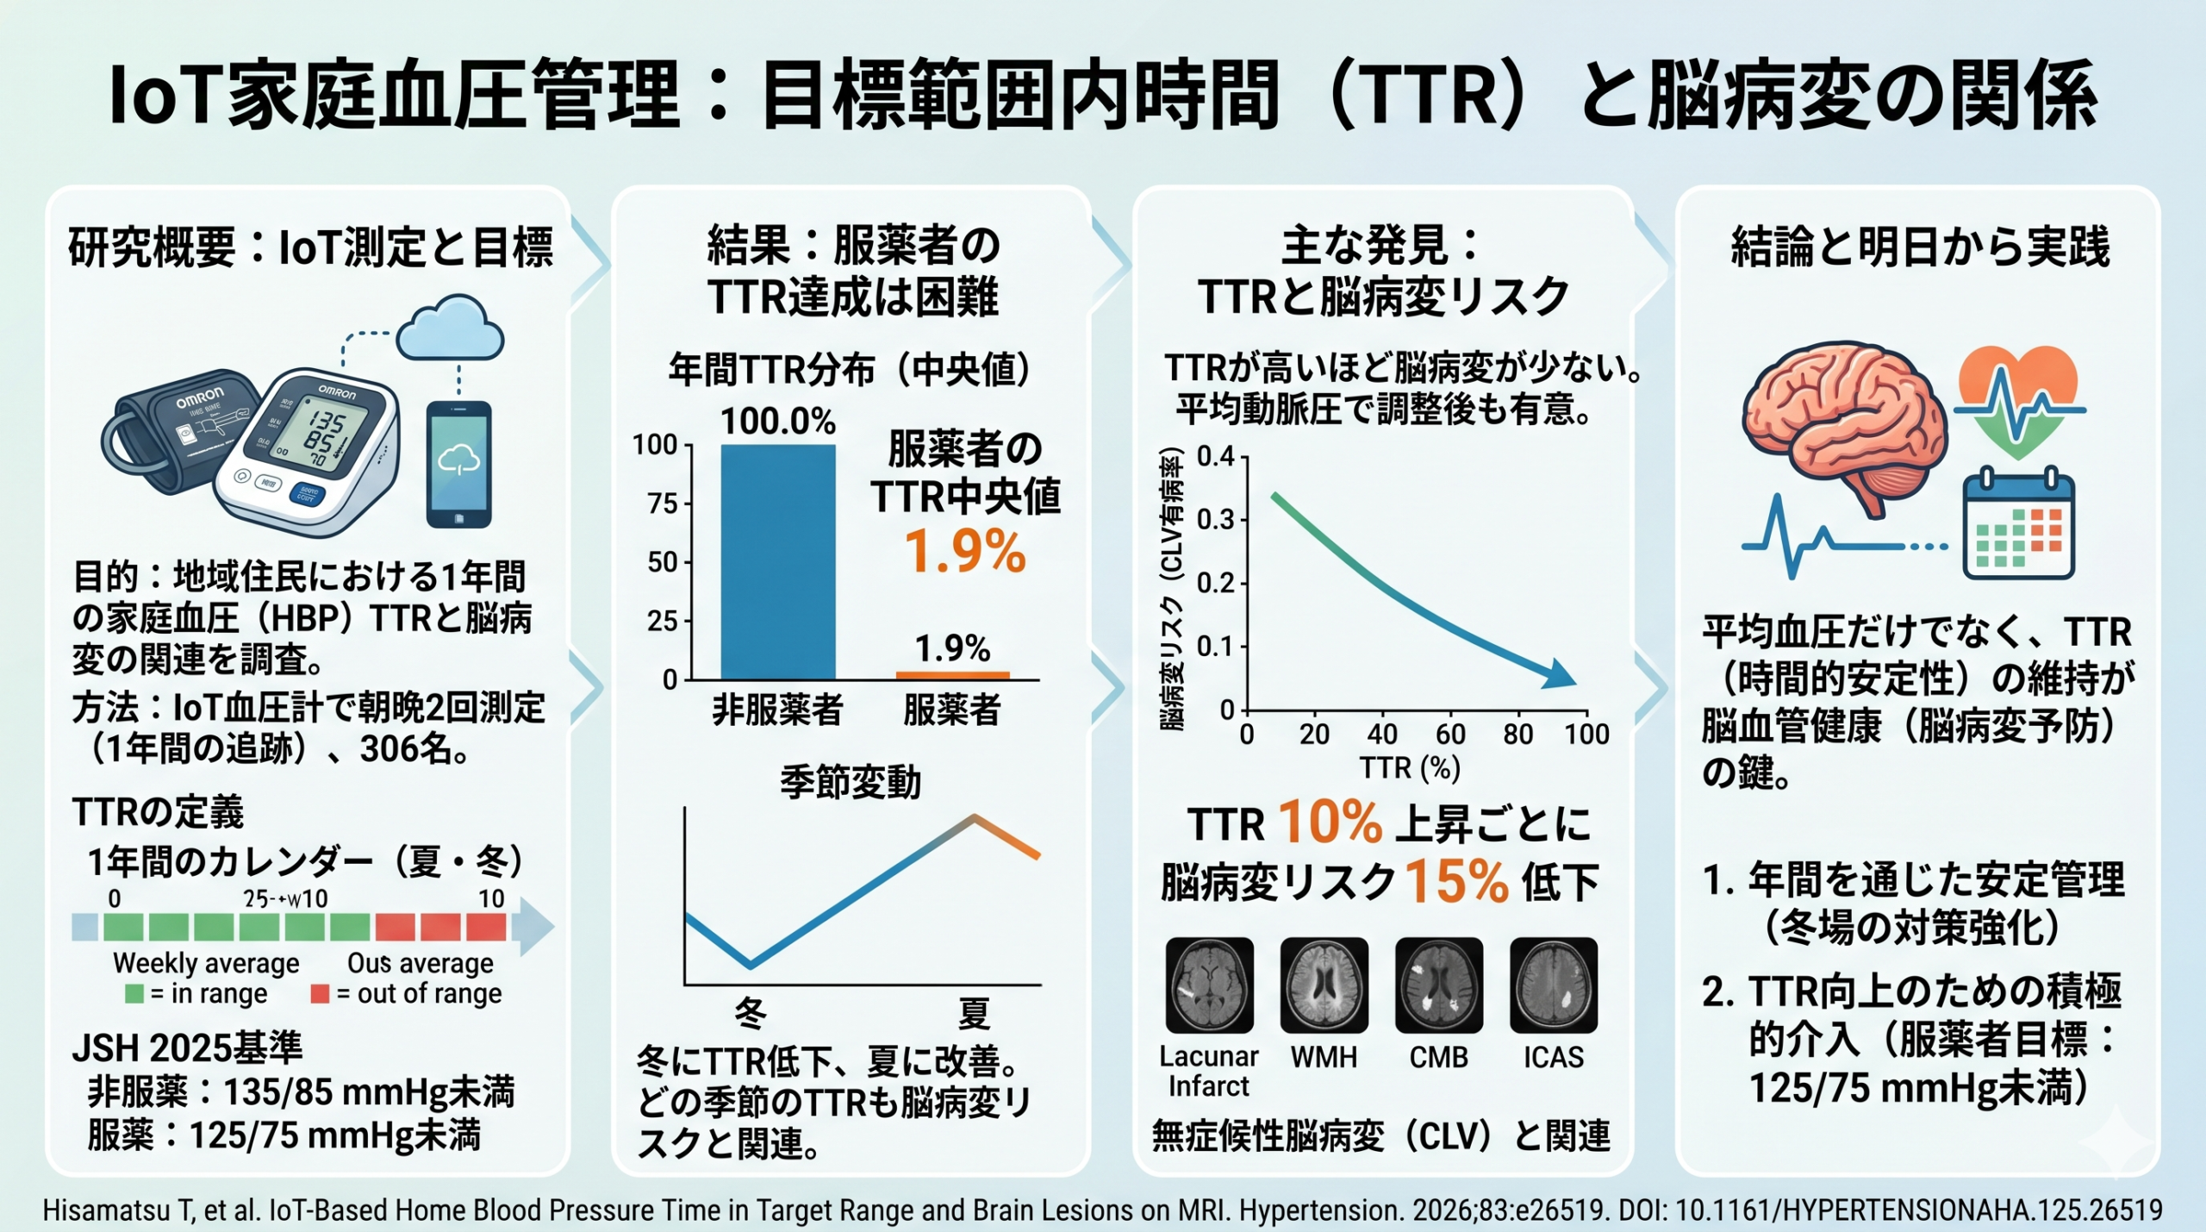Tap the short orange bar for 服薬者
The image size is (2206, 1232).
pos(952,675)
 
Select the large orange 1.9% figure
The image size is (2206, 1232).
pos(965,552)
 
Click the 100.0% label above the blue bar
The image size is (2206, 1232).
pos(777,422)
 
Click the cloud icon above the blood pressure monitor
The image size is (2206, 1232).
pos(450,329)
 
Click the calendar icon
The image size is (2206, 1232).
pos(2017,526)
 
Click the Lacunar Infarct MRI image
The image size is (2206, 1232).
pos(1209,985)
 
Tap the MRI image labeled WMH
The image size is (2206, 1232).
pos(1324,985)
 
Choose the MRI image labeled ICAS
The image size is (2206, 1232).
pos(1553,985)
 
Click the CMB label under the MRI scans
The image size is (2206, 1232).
pos(1438,1057)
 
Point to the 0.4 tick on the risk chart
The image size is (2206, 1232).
pos(1216,456)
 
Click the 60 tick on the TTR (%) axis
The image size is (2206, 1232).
pos(1450,735)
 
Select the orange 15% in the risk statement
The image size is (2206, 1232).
pos(1456,882)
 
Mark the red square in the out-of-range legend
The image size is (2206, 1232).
pos(320,994)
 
